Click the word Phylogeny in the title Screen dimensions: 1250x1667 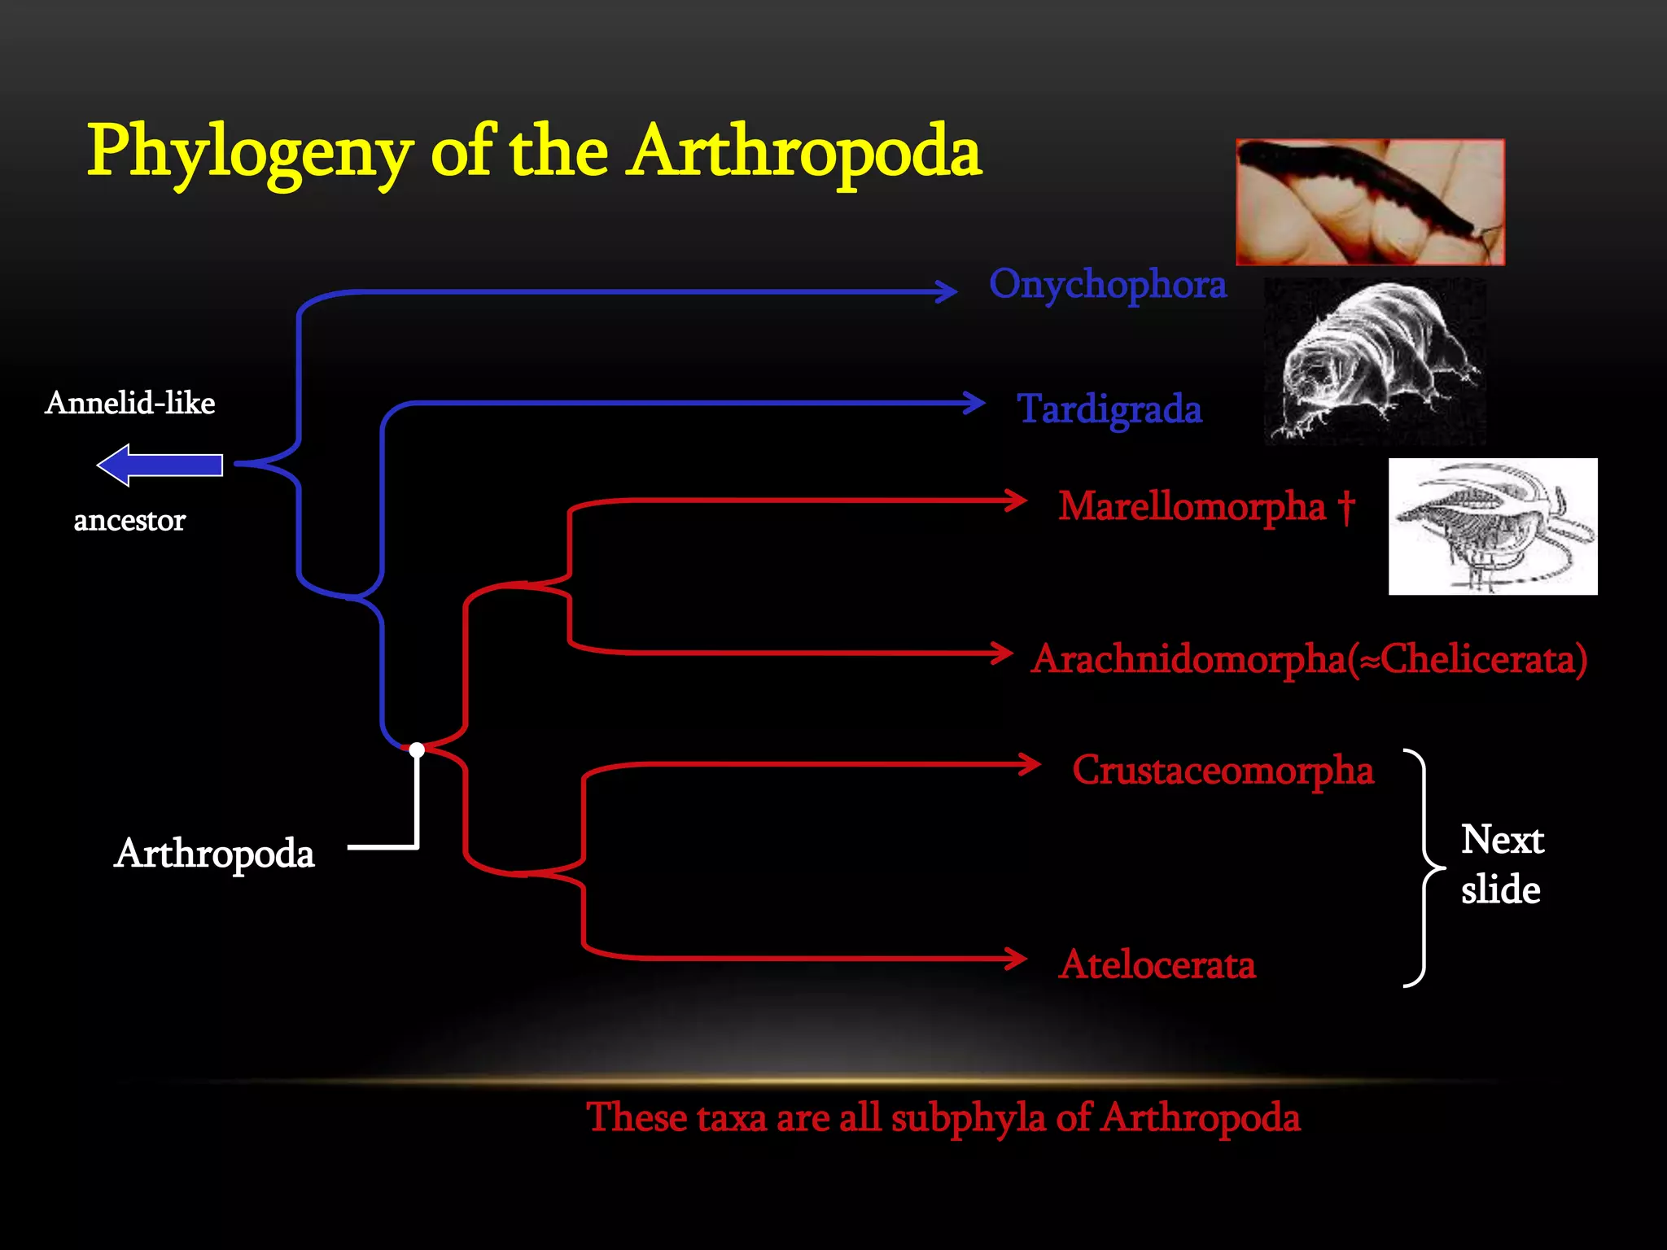pos(250,153)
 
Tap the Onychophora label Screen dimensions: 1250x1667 pos(1107,285)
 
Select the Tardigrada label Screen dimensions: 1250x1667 pos(1109,409)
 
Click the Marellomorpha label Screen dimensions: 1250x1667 pos(1192,506)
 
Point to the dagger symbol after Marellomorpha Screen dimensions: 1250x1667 pos(1346,506)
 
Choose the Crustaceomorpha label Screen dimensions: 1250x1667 pos(1223,770)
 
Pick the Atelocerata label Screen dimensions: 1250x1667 pos(1157,964)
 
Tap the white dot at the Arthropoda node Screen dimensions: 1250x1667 pos(417,750)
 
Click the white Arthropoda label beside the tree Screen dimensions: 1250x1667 pos(214,854)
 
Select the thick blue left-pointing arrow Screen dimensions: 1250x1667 pos(160,465)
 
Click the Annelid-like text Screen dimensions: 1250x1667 pos(130,403)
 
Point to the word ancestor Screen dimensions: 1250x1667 pos(129,520)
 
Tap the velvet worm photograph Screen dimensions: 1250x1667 pos(1370,202)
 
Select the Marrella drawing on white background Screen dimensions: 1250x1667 pos(1492,527)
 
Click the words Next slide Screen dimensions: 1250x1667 pos(1501,864)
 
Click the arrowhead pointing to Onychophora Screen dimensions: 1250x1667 pos(946,291)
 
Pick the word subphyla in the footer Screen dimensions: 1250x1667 pos(968,1117)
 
